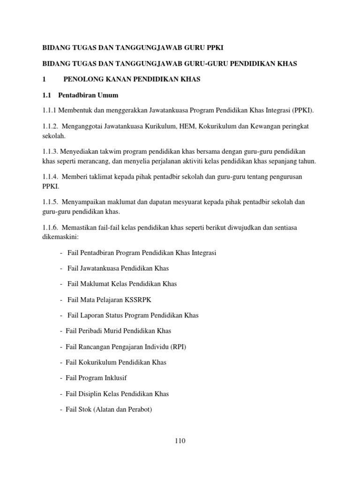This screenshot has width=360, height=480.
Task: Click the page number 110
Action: [x=180, y=441]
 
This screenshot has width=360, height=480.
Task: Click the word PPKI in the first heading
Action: [x=218, y=48]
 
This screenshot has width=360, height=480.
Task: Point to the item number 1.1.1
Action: [x=50, y=111]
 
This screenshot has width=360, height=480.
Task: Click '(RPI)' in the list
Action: [x=182, y=347]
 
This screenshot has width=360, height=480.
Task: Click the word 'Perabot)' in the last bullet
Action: [x=140, y=409]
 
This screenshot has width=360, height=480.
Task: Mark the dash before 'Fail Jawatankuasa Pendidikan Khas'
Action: [x=62, y=269]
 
